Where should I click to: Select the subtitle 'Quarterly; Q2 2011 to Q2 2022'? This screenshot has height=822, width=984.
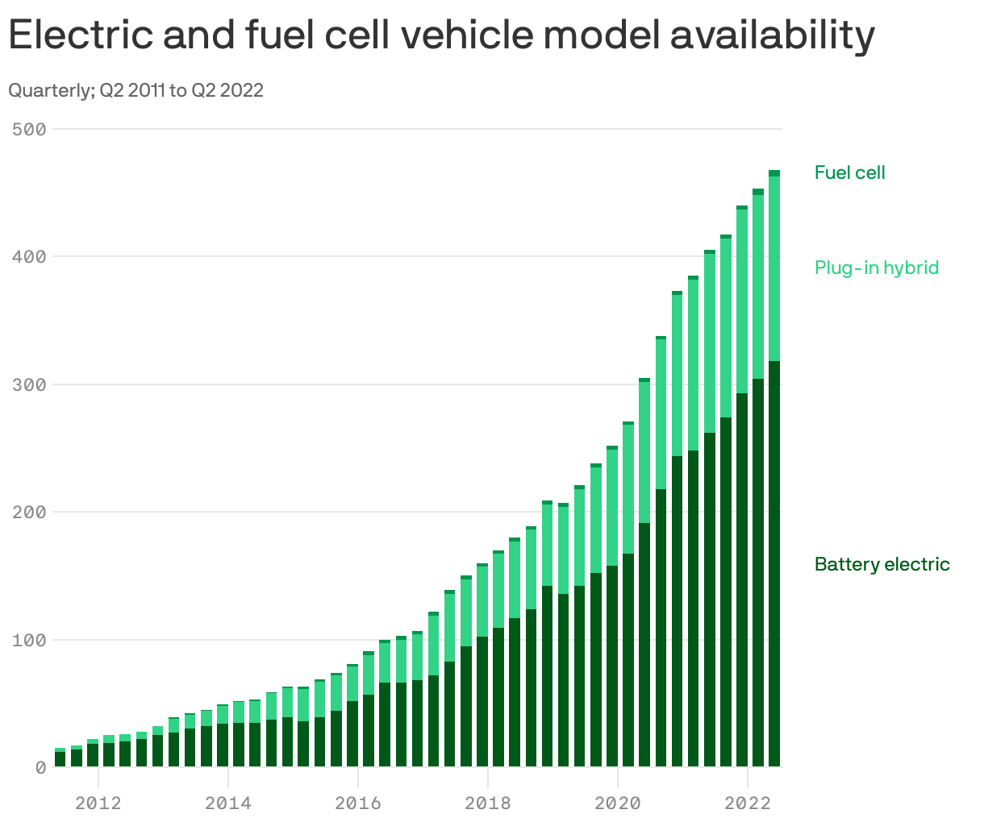pos(136,90)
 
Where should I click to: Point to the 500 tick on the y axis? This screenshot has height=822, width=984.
pos(29,129)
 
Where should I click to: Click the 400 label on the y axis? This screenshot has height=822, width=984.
pos(29,256)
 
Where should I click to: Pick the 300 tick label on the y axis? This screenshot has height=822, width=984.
pos(29,384)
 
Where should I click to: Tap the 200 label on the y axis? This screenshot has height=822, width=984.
pos(29,512)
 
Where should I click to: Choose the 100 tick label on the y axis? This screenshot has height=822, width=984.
pos(29,640)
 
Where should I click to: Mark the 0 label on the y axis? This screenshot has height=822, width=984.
pos(40,767)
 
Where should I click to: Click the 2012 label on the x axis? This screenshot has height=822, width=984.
pos(98,803)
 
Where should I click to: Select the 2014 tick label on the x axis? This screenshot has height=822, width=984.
pos(228,803)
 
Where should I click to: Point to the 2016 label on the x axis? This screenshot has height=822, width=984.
pos(358,803)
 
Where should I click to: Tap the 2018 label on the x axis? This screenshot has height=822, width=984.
pos(487,803)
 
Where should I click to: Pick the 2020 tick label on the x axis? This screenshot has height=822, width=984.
pos(617,803)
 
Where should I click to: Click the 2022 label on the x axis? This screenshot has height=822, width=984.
pos(748,803)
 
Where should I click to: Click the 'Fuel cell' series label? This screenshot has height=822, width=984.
pos(849,172)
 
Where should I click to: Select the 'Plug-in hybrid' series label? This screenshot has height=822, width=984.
pos(877,268)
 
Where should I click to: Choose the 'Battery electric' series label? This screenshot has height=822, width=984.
pos(882,564)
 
